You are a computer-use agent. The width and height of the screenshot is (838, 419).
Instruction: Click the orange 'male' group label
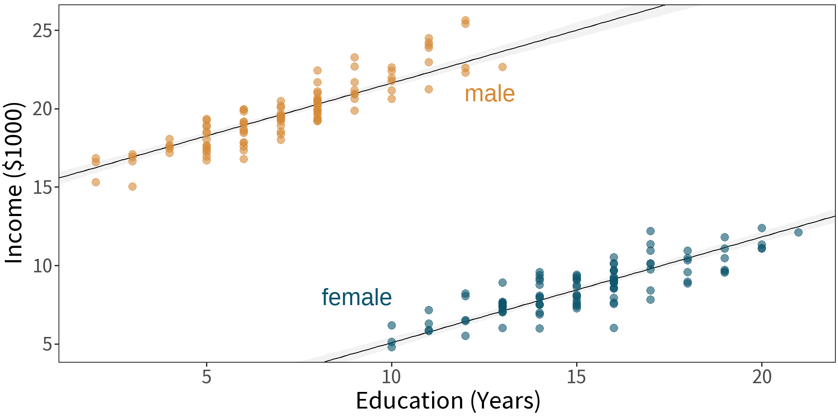pos(489,94)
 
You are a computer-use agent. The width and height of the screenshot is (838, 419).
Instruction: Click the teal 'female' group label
pos(357,297)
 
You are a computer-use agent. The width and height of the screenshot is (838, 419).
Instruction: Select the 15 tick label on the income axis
pos(42,187)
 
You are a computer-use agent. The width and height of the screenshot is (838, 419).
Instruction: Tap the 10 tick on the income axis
pos(42,265)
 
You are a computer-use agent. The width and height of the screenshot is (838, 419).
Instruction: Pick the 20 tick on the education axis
pos(762,376)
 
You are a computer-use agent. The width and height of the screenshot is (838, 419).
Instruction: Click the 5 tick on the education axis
pos(206,376)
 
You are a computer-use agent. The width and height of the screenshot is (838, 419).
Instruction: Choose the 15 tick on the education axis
pos(576,376)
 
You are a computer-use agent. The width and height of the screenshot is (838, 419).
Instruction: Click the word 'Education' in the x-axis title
pos(409,401)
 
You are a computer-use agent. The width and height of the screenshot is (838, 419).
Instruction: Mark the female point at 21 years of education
pos(798,232)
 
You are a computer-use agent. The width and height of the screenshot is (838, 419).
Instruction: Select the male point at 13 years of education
pos(502,67)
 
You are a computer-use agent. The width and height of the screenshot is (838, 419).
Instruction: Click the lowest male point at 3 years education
pos(132,186)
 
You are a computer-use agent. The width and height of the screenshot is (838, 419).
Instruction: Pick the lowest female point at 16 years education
pos(614,328)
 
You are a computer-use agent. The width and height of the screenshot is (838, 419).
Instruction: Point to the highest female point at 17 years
pos(650,231)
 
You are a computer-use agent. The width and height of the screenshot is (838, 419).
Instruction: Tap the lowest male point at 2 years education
pos(96,182)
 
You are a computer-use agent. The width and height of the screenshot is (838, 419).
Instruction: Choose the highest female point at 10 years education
pos(392,325)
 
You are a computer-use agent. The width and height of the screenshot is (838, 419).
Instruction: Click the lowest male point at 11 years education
pos(429,89)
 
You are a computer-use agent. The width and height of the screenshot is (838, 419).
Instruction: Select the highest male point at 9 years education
pos(354,58)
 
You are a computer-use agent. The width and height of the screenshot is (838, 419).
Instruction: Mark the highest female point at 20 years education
pos(762,228)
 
